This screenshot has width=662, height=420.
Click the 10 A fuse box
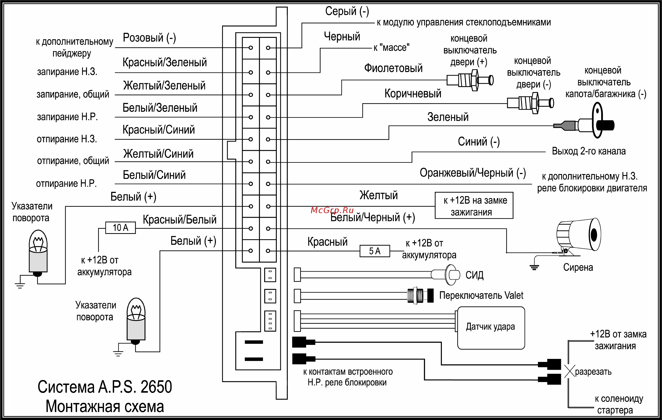tap(120, 227)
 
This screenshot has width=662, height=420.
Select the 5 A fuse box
tap(375, 251)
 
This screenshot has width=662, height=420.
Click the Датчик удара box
tap(491, 328)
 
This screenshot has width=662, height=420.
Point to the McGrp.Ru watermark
tap(332, 210)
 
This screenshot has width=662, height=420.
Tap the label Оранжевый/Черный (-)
tap(473, 173)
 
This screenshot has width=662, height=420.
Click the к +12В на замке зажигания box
tap(474, 205)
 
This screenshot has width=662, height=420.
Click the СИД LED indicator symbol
tap(446, 274)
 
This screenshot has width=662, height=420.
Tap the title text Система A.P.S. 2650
tap(105, 387)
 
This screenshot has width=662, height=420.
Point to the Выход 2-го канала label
tap(589, 151)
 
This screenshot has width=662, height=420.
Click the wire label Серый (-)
tap(347, 11)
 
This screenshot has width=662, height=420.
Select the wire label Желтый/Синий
tap(158, 154)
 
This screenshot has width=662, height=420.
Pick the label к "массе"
tap(392, 48)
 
